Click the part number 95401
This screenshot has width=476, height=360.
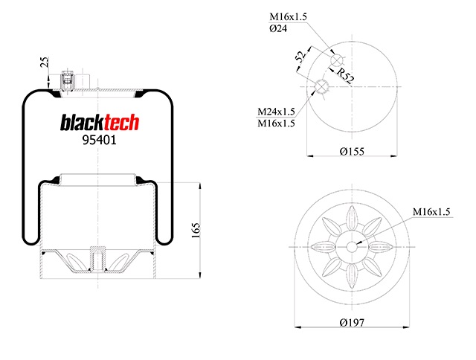coord(99,140)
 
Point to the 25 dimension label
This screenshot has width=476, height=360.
coord(45,62)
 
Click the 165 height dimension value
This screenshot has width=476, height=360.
coord(196,231)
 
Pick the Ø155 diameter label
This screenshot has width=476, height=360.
coord(352,151)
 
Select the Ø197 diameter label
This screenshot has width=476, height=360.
coord(352,322)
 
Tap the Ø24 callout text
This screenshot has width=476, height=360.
coord(278,28)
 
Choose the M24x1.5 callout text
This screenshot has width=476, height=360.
coord(276,112)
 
